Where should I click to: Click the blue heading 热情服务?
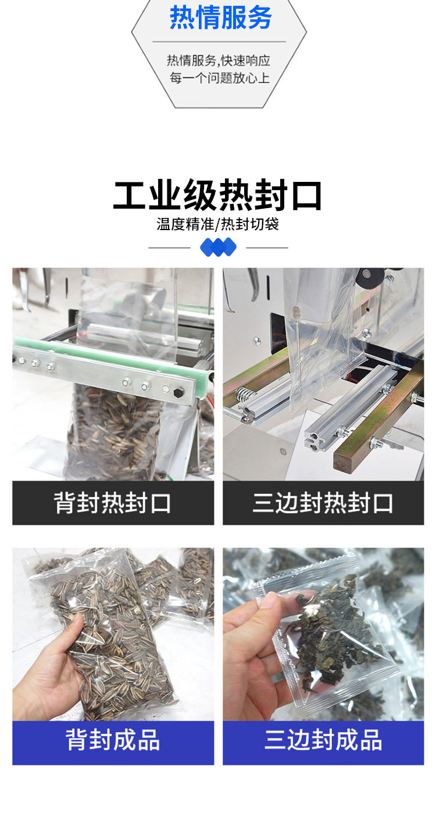click(x=220, y=17)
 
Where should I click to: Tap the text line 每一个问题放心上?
click(x=219, y=78)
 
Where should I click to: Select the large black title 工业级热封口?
click(x=217, y=195)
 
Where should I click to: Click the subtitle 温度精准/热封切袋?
click(x=217, y=224)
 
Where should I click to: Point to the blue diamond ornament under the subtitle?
click(x=218, y=247)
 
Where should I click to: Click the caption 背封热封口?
click(x=112, y=503)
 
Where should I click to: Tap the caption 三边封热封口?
click(x=323, y=503)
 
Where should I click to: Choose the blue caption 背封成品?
click(x=112, y=740)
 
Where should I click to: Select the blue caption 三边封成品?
click(x=323, y=740)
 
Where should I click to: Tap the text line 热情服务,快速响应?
click(x=219, y=60)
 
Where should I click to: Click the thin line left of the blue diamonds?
click(x=169, y=248)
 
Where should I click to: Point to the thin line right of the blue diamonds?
click(x=267, y=248)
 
